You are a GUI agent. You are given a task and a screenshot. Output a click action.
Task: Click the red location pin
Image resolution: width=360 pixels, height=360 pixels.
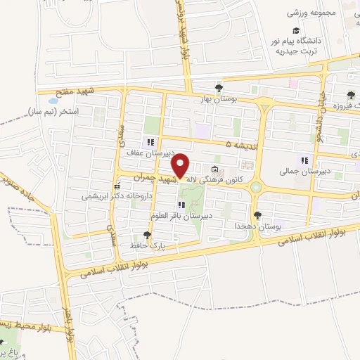[181, 166]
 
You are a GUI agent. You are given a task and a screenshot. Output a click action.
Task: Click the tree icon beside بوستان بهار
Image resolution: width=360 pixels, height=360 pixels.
[220, 88]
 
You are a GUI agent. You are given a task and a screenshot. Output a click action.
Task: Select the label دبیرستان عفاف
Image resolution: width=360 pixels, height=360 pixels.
[145, 152]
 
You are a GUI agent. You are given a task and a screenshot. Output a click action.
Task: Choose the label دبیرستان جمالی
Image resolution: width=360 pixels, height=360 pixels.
[300, 171]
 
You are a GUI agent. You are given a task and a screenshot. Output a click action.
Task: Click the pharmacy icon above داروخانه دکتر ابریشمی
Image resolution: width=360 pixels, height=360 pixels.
[117, 186]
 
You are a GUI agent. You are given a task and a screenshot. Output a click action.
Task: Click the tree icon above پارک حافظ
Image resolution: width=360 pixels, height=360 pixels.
[147, 235]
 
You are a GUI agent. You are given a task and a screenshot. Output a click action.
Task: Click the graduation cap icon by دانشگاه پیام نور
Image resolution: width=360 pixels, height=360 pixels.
[296, 31]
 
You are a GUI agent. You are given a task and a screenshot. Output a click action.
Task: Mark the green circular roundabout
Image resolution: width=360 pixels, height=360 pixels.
[256, 187]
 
